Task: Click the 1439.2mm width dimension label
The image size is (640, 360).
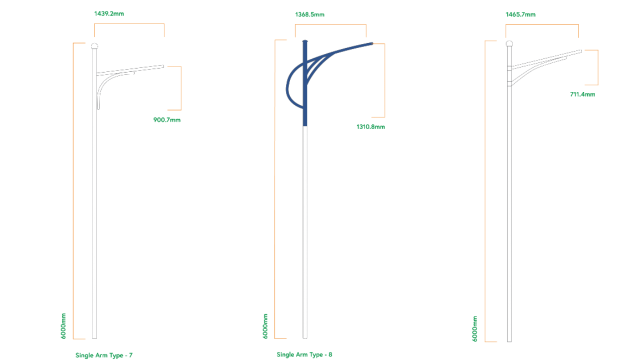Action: (109, 13)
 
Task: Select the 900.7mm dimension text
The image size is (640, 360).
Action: (167, 120)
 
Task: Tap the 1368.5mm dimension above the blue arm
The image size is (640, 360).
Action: (309, 14)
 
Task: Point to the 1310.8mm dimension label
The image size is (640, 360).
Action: (370, 127)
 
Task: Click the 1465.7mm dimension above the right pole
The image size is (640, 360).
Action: (520, 15)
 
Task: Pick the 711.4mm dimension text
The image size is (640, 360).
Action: (582, 94)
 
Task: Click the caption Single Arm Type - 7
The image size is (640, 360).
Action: (104, 355)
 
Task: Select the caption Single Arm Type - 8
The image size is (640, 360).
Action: (304, 354)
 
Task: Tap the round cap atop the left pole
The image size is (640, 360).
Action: (94, 46)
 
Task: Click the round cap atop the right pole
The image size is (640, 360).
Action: (509, 43)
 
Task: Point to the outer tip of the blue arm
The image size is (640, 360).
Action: (372, 43)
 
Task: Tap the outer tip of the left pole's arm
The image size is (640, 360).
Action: (163, 65)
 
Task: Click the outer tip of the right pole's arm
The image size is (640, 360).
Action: (581, 50)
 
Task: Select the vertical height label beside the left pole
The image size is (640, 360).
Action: (63, 325)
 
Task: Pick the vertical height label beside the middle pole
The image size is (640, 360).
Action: (265, 325)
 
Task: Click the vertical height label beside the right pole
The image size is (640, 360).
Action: (475, 328)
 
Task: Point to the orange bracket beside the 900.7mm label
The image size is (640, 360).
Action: (180, 88)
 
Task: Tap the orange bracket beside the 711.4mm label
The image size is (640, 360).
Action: (597, 67)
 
